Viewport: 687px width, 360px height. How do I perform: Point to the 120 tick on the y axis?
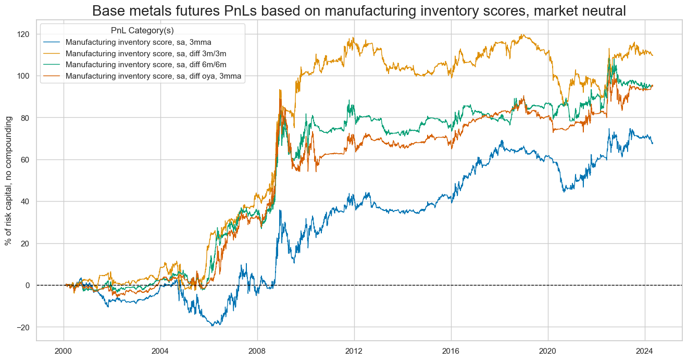point(24,34)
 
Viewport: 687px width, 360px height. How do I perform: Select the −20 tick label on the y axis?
point(24,327)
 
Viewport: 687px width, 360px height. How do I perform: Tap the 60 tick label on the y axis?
point(26,159)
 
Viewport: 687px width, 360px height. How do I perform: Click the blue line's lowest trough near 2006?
point(213,326)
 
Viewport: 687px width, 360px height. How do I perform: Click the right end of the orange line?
point(653,55)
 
